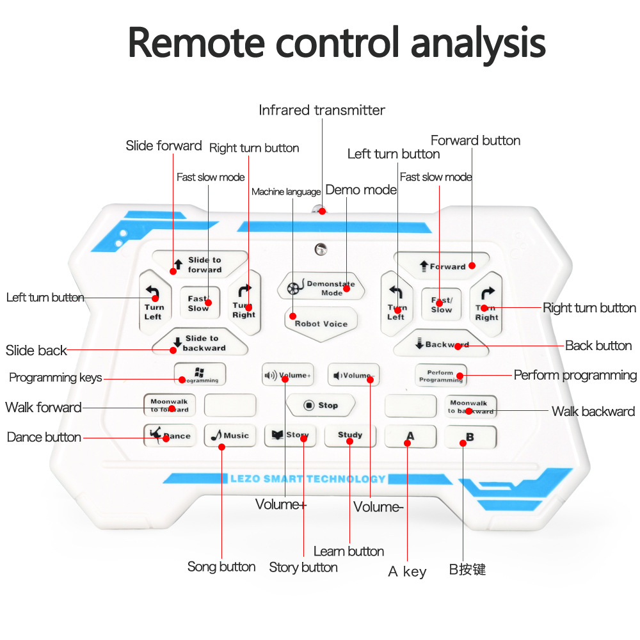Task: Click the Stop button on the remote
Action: pos(321,405)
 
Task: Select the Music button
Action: pos(230,436)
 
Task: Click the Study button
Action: pos(350,436)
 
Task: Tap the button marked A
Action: pos(410,436)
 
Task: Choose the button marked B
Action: pos(470,436)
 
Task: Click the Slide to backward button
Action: pos(200,343)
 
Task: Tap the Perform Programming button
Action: pos(440,376)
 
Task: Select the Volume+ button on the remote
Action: pos(288,375)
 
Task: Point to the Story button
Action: pos(291,436)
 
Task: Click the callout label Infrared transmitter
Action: pos(322,110)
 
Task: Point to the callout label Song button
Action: pos(221,566)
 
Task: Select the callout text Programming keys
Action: pos(56,378)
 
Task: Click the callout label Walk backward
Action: pos(593,412)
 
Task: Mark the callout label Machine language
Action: pos(286,192)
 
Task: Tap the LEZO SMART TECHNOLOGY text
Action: pos(308,479)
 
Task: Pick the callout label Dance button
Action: pos(44,438)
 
